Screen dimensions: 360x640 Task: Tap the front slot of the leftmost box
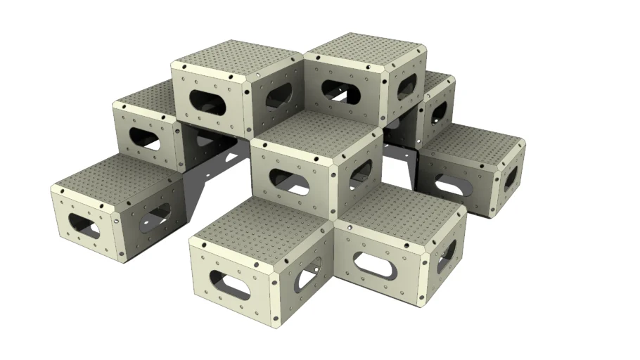click(x=84, y=224)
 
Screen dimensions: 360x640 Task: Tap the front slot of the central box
click(x=289, y=181)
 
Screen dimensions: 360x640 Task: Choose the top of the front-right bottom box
click(x=397, y=208)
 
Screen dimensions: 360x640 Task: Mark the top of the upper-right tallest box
click(x=365, y=49)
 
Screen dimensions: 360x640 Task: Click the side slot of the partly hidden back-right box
click(x=439, y=112)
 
